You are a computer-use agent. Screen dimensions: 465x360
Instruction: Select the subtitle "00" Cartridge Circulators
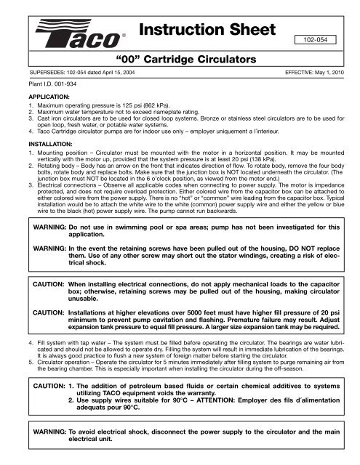[180, 56]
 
